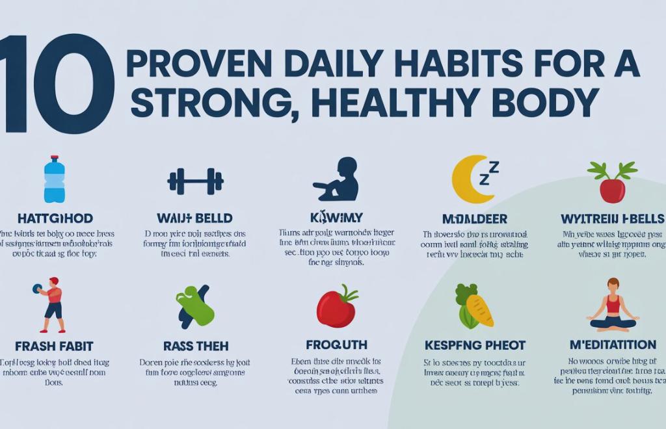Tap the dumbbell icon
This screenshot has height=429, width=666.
point(195,181)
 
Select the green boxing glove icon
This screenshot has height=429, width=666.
point(194,305)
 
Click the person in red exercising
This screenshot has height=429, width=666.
point(52,304)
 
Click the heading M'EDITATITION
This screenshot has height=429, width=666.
point(612,344)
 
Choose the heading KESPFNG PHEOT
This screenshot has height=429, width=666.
point(475,345)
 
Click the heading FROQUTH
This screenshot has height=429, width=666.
point(336,344)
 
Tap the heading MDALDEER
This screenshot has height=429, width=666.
point(474,219)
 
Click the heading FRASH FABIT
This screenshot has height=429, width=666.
point(54,346)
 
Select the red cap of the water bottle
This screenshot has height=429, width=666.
point(54,158)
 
